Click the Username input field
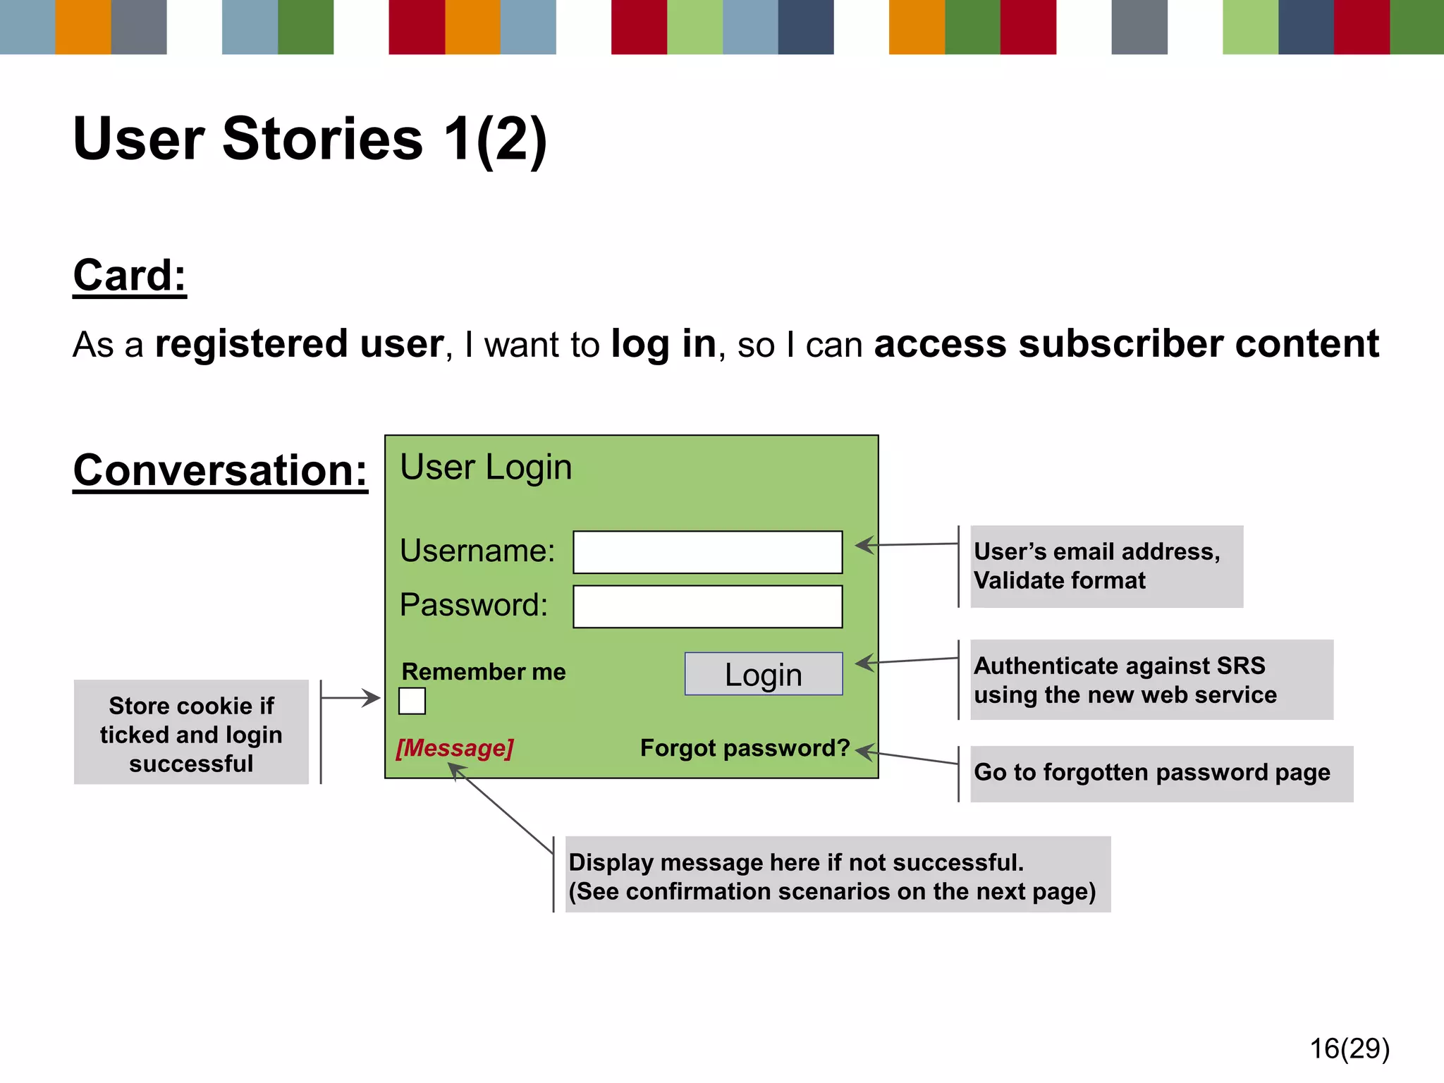(707, 552)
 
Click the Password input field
(707, 606)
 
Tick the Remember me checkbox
(412, 701)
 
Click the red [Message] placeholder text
(455, 747)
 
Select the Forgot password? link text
(745, 747)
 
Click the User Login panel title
(486, 467)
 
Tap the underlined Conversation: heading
(220, 470)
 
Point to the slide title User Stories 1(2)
(310, 139)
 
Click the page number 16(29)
(1350, 1048)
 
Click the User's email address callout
(1106, 566)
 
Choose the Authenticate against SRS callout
(1151, 680)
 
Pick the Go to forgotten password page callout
(1161, 773)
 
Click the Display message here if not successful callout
(837, 875)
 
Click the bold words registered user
(299, 344)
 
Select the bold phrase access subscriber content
(1126, 344)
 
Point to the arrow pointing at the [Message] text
(501, 808)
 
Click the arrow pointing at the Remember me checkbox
(351, 698)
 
